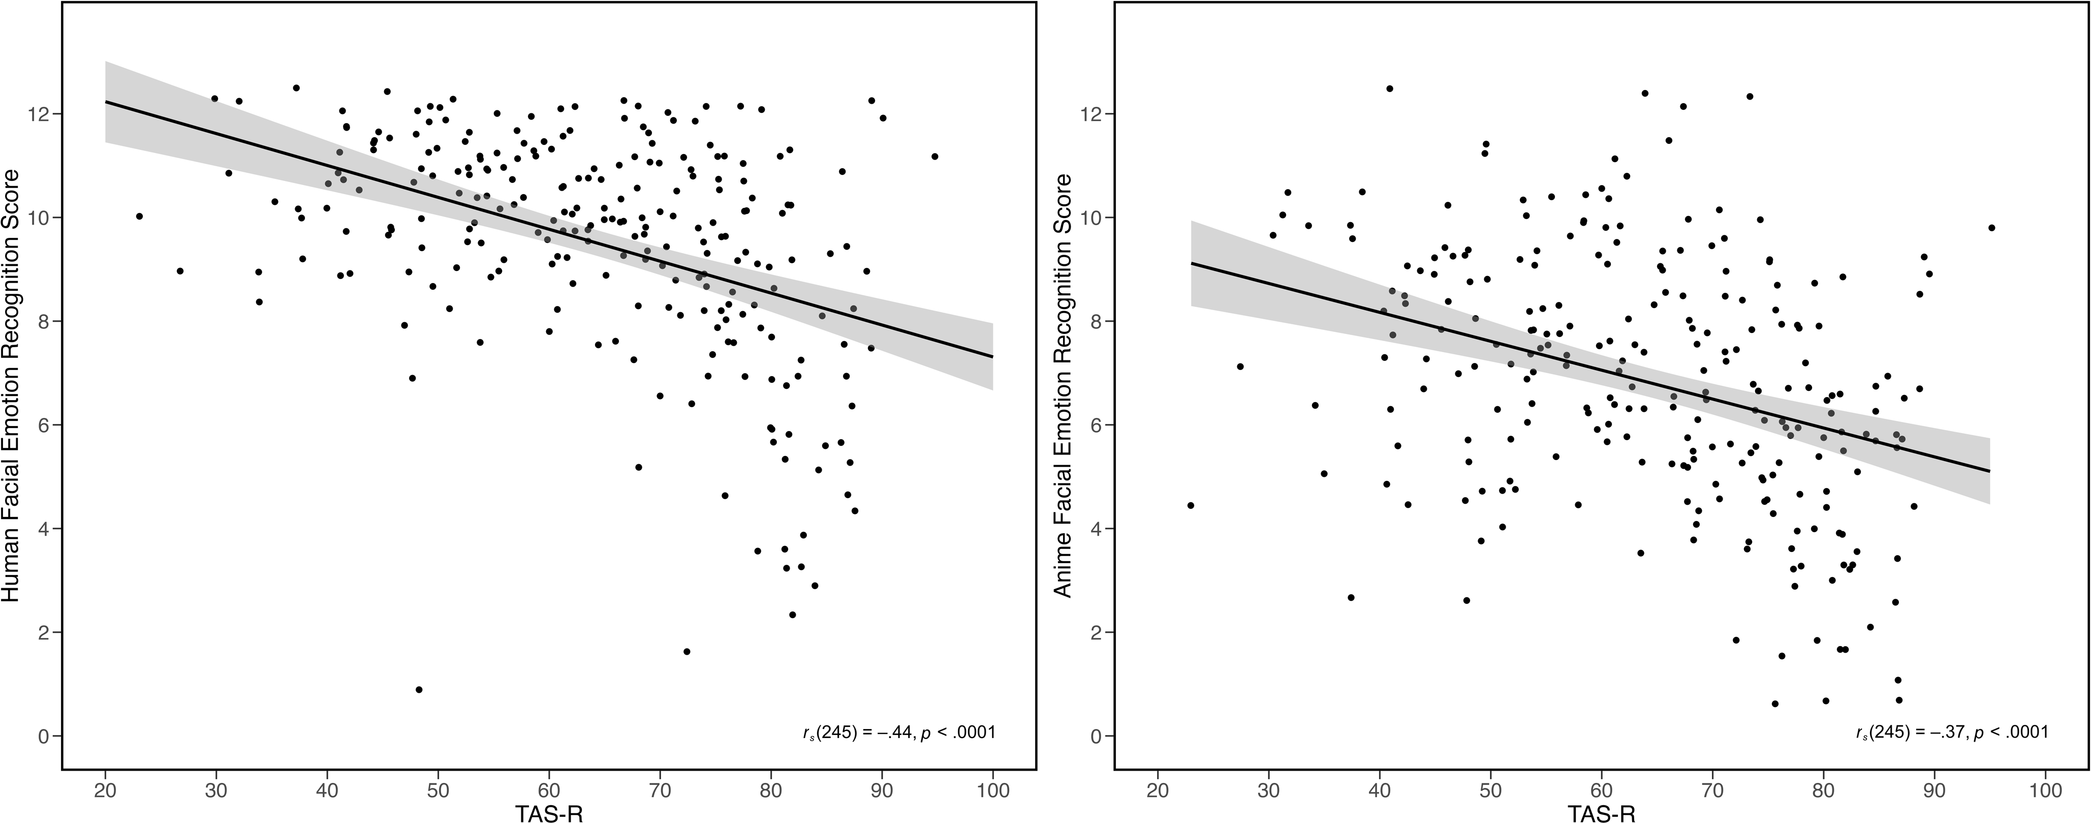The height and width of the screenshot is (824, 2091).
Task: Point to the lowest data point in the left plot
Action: coord(419,689)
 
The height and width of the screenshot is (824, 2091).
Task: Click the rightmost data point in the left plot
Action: coord(934,156)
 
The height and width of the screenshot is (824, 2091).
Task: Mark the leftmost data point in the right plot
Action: coord(1191,505)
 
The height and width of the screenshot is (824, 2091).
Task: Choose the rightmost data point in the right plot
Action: coord(1991,227)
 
